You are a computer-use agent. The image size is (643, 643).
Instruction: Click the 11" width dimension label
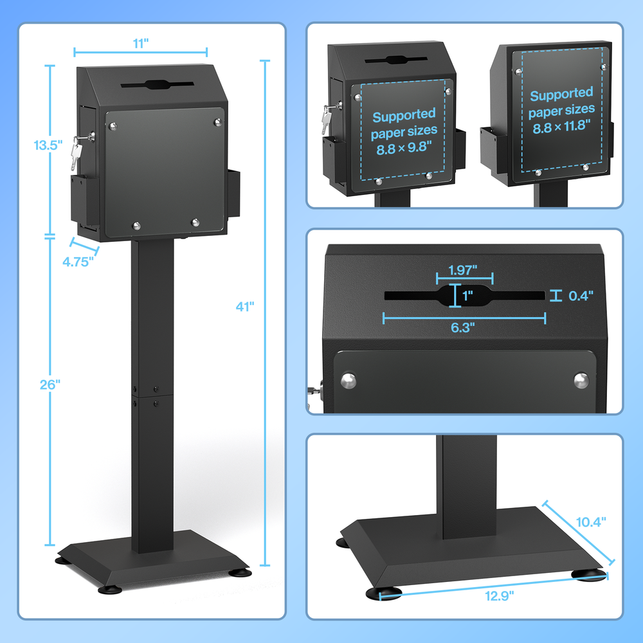141,43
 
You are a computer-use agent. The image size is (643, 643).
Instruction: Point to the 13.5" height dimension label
48,145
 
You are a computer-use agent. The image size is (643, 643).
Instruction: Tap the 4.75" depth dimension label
78,262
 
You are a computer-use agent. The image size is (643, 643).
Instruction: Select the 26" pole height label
50,385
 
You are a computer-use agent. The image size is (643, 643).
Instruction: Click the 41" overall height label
245,306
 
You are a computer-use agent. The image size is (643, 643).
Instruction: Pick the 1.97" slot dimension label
462,270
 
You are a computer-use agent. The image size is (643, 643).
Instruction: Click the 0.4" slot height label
581,296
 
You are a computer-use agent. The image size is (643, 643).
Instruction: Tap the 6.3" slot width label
462,328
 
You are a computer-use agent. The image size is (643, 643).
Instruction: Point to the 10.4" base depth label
591,522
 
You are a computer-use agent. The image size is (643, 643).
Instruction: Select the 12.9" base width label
499,596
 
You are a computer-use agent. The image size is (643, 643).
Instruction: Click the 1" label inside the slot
467,295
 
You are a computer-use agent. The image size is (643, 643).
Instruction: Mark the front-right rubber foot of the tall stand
240,572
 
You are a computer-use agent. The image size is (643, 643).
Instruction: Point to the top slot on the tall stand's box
158,85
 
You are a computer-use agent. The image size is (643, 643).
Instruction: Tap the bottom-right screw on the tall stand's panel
195,222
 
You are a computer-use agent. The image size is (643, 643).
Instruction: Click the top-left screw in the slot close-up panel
349,381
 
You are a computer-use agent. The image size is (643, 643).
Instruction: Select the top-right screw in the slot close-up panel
581,380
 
